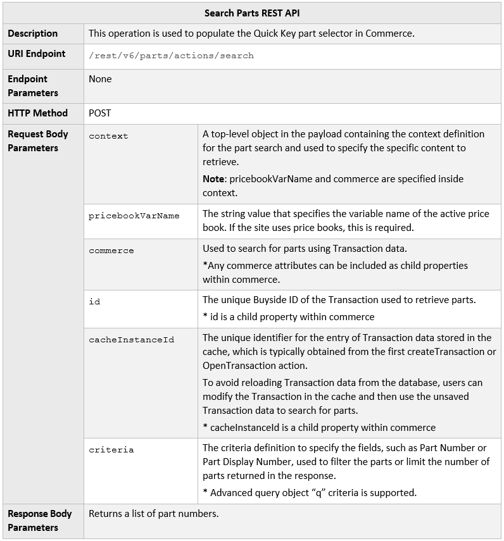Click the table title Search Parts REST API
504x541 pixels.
pyautogui.click(x=252, y=13)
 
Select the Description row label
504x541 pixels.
pyautogui.click(x=32, y=34)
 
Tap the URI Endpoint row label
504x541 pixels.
pyautogui.click(x=36, y=54)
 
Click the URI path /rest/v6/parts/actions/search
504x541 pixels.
pyautogui.click(x=171, y=56)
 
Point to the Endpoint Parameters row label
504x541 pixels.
pyautogui.click(x=33, y=85)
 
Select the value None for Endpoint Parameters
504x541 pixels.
pyautogui.click(x=100, y=79)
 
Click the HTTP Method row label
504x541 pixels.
pyautogui.click(x=37, y=113)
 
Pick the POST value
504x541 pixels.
pyautogui.click(x=100, y=113)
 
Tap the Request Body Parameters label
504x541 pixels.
pyautogui.click(x=37, y=140)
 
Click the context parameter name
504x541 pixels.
pyautogui.click(x=108, y=136)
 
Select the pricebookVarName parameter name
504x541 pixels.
pyautogui.click(x=134, y=216)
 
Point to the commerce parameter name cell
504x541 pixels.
pyautogui.click(x=111, y=251)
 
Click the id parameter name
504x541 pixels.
pyautogui.click(x=94, y=302)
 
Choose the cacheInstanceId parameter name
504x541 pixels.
pyautogui.click(x=131, y=340)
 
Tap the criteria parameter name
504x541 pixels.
pyautogui.click(x=111, y=450)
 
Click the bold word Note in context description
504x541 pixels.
pyautogui.click(x=213, y=179)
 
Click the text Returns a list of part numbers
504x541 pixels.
pyautogui.click(x=153, y=514)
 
